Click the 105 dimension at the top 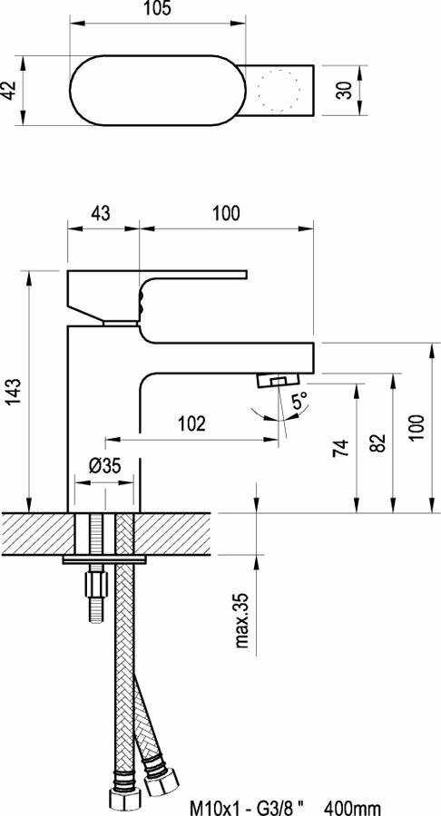click(157, 9)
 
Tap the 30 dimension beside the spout click(345, 90)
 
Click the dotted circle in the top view click(278, 90)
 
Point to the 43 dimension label click(101, 214)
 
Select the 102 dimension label click(191, 424)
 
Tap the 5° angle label click(299, 402)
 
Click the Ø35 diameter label click(104, 466)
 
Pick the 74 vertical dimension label click(340, 448)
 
